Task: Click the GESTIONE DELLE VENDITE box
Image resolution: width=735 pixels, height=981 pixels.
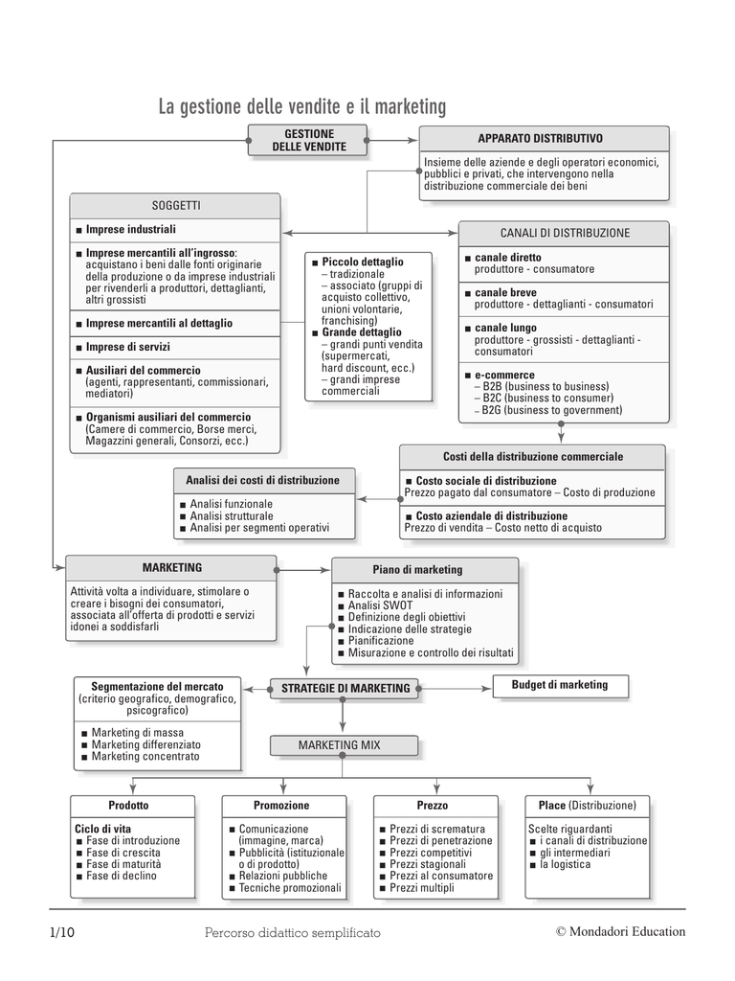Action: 309,141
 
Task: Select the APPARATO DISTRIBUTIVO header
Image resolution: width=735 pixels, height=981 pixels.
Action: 541,139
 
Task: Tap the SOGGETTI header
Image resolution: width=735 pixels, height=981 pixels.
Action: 176,205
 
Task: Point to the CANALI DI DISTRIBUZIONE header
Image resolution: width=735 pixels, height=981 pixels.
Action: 565,233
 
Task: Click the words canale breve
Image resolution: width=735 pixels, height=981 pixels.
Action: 504,292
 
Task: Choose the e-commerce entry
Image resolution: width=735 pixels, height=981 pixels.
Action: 504,375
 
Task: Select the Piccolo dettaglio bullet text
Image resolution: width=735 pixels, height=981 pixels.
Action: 363,262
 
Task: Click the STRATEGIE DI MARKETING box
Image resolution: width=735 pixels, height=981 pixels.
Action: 345,688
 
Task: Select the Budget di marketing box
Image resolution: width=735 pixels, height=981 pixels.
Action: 560,685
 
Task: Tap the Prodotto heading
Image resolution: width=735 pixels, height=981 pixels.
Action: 128,806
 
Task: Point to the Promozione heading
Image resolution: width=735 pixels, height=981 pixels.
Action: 281,806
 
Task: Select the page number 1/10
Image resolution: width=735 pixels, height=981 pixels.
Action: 62,931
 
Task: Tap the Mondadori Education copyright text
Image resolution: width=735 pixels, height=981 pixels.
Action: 620,931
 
